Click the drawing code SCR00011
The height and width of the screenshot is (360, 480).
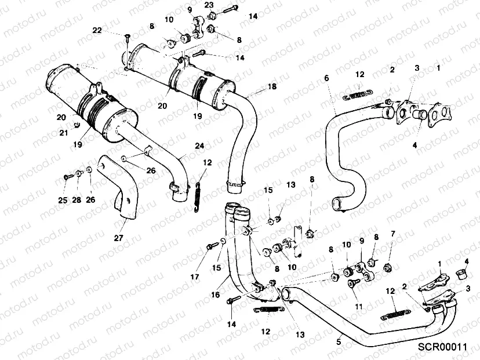tap(442, 347)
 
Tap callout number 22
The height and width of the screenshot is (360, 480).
tap(97, 30)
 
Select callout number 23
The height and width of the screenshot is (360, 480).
tap(209, 5)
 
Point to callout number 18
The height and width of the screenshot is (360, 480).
tap(272, 86)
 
